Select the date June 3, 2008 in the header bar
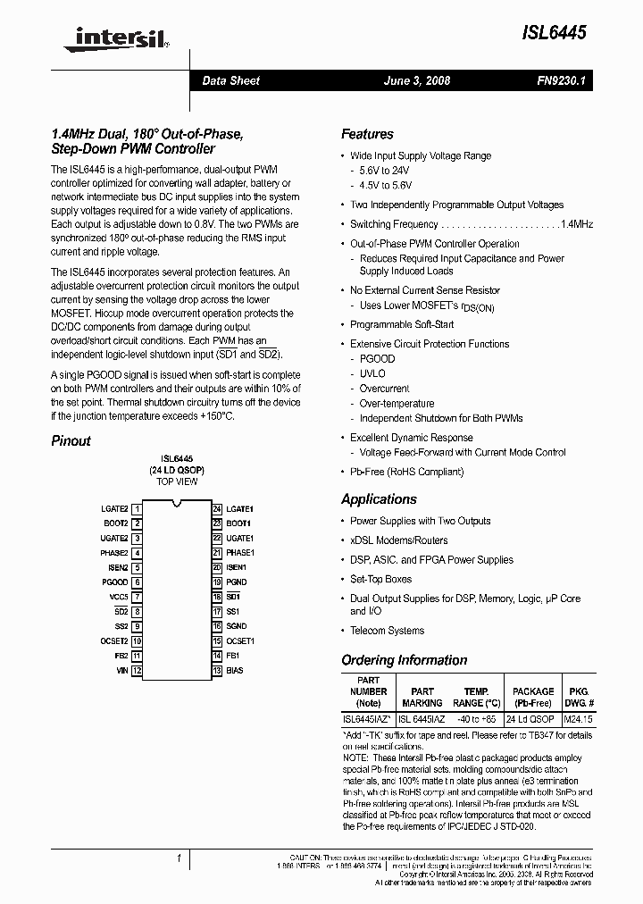click(x=416, y=80)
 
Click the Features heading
click(x=367, y=134)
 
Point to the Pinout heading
click(x=71, y=440)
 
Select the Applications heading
click(x=379, y=499)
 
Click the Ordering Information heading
click(x=404, y=660)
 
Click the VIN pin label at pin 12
click(x=121, y=670)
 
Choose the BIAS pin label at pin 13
click(x=234, y=670)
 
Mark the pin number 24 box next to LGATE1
click(x=216, y=508)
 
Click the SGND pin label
click(x=236, y=626)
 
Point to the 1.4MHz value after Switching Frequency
click(x=576, y=224)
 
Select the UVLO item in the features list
click(x=372, y=373)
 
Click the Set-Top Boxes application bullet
click(x=381, y=579)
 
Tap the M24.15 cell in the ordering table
click(x=578, y=719)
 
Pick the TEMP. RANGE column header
click(x=476, y=697)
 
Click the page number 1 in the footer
click(x=179, y=858)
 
